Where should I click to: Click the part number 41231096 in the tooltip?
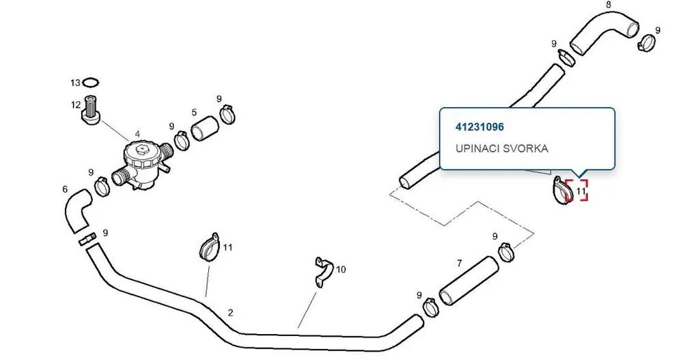click(x=479, y=127)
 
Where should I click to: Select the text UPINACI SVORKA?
click(x=502, y=148)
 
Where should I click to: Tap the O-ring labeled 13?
click(x=91, y=82)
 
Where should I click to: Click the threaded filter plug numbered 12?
click(x=92, y=110)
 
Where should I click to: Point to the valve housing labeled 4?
click(x=141, y=165)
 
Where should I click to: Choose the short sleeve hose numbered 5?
click(x=205, y=129)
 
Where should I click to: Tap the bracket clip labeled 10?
click(x=324, y=271)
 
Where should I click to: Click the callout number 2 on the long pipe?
click(x=230, y=312)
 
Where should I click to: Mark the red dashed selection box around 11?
click(x=576, y=191)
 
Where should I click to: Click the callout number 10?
click(x=341, y=269)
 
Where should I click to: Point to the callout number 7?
click(x=460, y=263)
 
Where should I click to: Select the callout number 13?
click(x=75, y=83)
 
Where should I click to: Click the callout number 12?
click(x=76, y=105)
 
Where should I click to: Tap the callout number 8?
click(x=609, y=5)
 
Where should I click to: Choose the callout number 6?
click(x=65, y=189)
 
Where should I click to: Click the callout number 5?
click(x=194, y=113)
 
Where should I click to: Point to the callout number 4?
click(x=138, y=135)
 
